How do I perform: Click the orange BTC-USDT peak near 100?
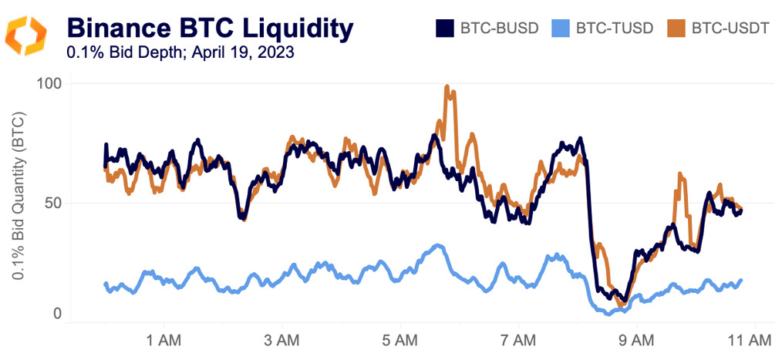[447, 87]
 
